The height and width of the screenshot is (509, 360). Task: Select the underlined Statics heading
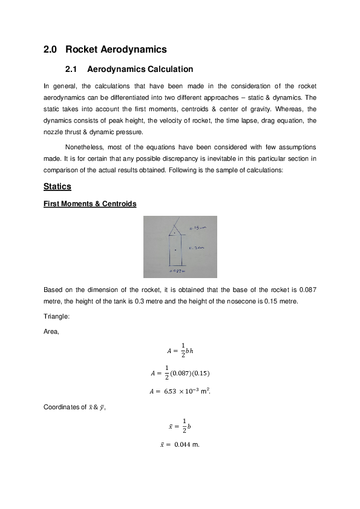click(x=57, y=186)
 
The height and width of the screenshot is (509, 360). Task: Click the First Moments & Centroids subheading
click(x=90, y=204)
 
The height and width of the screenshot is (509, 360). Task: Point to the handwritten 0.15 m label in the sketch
click(x=197, y=228)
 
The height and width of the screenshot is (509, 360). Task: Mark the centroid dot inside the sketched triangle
click(x=175, y=233)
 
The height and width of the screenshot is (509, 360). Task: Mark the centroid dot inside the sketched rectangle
click(x=175, y=250)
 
